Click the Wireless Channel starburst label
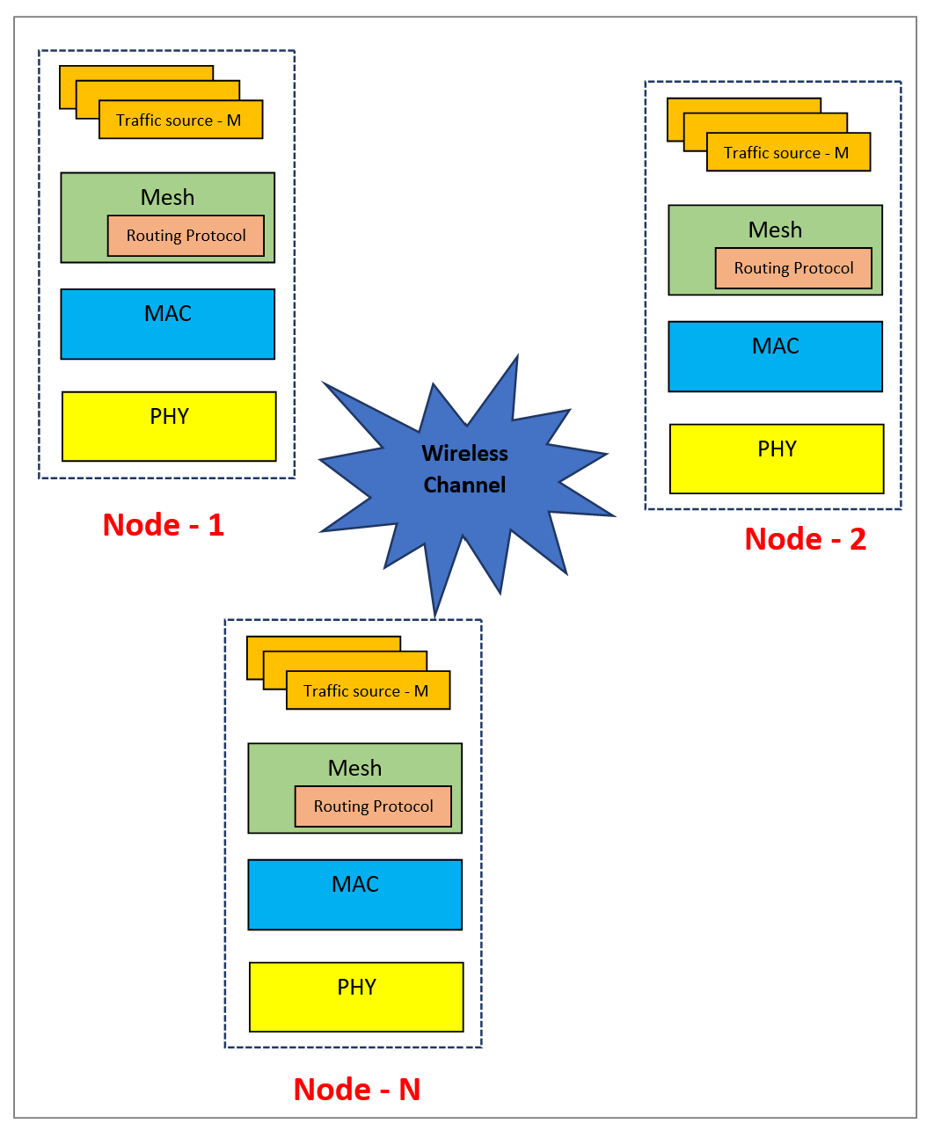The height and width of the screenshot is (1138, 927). point(464,468)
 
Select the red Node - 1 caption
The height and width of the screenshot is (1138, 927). point(164,525)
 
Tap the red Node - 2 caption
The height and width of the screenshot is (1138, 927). point(805,539)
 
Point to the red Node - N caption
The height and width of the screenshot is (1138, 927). point(357,1090)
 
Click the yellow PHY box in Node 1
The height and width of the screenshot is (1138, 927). point(169,427)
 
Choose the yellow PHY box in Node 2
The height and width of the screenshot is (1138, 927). point(777,459)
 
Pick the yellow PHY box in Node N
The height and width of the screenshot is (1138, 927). point(356,997)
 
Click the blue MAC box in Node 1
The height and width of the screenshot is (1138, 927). point(168,325)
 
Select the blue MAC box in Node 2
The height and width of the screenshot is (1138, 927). point(776,357)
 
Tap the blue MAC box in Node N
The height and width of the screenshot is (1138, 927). point(355,895)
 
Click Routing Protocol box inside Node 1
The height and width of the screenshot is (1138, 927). point(186,236)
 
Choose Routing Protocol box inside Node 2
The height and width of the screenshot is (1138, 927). point(793,268)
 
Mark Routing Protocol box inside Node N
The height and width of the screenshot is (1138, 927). point(373,806)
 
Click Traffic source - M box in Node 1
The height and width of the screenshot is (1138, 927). point(179,120)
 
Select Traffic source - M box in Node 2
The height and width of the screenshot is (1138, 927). point(788,153)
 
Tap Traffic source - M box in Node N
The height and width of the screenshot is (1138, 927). point(368,691)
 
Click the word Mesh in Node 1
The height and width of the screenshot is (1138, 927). point(167,197)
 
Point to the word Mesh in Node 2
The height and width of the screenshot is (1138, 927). point(775,230)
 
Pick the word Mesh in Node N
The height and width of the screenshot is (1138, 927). point(354,768)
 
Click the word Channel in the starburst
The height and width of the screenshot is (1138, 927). point(464,485)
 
